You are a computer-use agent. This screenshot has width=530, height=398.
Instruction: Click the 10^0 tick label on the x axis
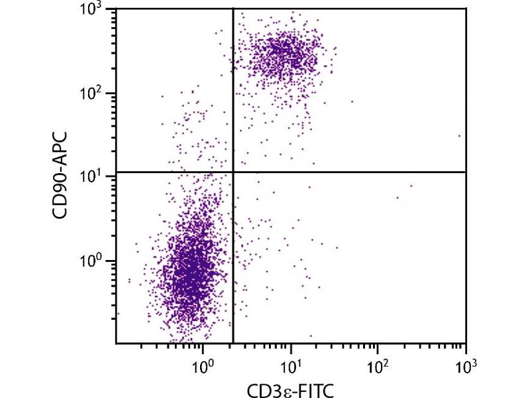click(203, 364)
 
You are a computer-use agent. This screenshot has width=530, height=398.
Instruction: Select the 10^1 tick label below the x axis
click(290, 364)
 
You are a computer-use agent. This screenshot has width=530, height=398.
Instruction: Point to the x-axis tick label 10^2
click(377, 364)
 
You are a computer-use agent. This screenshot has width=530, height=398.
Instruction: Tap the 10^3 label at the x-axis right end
click(465, 364)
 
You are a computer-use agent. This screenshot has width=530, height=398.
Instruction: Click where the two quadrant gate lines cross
click(233, 172)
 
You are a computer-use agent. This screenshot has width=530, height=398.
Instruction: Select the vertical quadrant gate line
click(233, 265)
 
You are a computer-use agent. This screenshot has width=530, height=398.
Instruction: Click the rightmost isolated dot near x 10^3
click(459, 135)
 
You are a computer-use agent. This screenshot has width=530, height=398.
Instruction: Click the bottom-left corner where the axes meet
click(116, 343)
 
